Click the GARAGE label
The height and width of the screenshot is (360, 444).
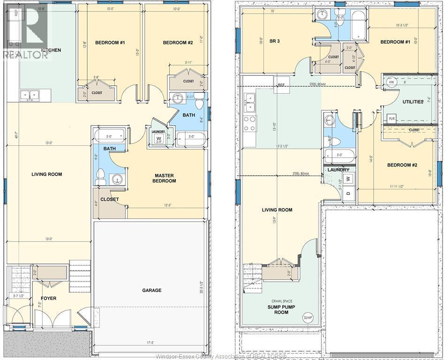coord(151,290)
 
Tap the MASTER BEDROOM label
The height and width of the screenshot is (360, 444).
coord(165,178)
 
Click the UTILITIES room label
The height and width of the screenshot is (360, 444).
coord(413,102)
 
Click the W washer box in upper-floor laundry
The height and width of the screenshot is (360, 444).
coord(158,138)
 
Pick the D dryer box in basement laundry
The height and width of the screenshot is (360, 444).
coord(348,192)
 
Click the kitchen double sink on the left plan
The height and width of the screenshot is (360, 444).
coord(30,95)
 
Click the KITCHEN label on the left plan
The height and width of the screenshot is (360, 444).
coord(51,50)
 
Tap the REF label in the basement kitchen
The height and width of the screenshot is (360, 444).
coord(281,85)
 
